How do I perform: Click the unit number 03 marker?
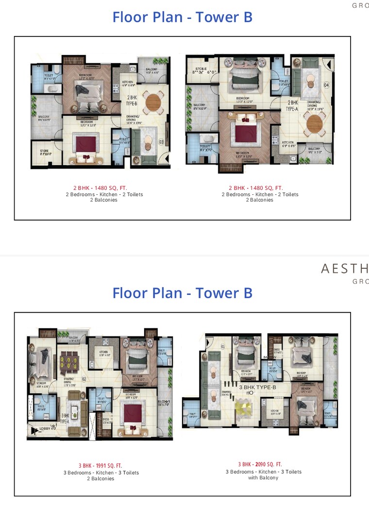point(161,142)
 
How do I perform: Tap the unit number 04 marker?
point(326,85)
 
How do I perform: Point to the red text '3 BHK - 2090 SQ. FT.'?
point(260,464)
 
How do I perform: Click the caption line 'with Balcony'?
point(263,478)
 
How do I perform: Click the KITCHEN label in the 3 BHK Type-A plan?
point(104,353)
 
